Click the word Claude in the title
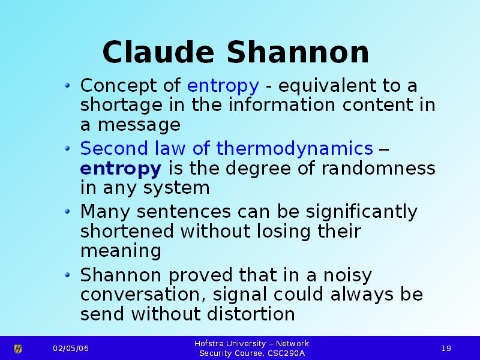pyautogui.click(x=158, y=52)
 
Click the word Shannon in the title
pyautogui.click(x=298, y=52)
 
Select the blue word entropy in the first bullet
pyautogui.click(x=223, y=86)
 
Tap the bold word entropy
pyautogui.click(x=121, y=169)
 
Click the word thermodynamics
pyautogui.click(x=295, y=149)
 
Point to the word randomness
pyautogui.click(x=379, y=168)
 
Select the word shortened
pyautogui.click(x=127, y=231)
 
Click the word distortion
pyautogui.click(x=251, y=314)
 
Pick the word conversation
pyautogui.click(x=143, y=295)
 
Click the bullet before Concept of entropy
pyautogui.click(x=68, y=85)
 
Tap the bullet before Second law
pyautogui.click(x=68, y=149)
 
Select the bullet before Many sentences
pyautogui.click(x=68, y=211)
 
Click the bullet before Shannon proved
pyautogui.click(x=68, y=275)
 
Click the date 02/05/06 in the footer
pyautogui.click(x=71, y=349)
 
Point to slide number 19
pyautogui.click(x=446, y=349)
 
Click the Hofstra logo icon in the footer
pyautogui.click(x=18, y=349)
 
